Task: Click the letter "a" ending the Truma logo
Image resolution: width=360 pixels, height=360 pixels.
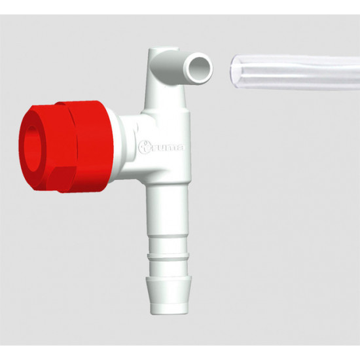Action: (x=180, y=148)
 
